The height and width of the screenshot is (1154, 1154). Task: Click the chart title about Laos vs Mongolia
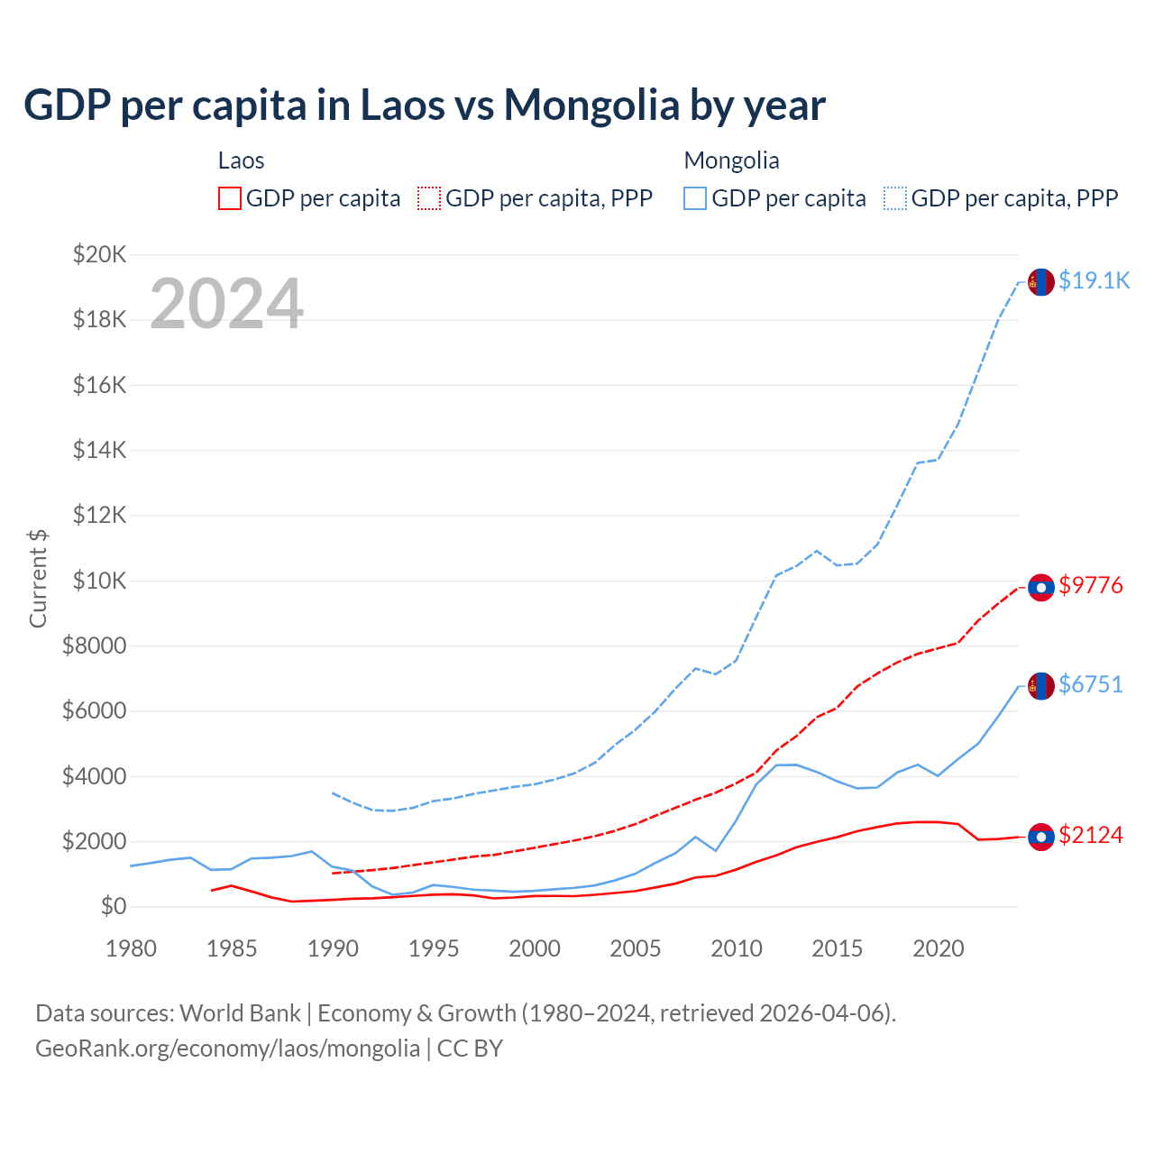point(424,105)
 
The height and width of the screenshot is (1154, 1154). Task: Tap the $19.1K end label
point(1094,280)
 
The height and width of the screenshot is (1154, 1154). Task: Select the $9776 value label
point(1091,585)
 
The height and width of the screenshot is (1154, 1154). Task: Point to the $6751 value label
point(1091,684)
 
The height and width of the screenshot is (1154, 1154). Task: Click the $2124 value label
point(1091,835)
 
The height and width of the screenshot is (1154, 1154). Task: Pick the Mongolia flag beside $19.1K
point(1041,282)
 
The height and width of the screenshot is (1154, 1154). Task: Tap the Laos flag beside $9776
point(1041,587)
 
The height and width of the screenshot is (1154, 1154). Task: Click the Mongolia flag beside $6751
point(1041,686)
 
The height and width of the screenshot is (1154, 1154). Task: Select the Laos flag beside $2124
point(1041,837)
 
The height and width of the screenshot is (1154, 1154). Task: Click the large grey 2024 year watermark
point(226,304)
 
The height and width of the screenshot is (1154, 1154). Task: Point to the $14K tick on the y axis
point(99,450)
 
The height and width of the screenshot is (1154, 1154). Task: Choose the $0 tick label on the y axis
point(114,906)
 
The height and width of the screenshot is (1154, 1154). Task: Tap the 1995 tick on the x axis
point(434,948)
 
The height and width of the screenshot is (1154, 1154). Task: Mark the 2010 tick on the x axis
point(737,948)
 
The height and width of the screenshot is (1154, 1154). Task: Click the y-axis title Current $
point(38,579)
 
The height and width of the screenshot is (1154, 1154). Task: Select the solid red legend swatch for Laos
point(230,198)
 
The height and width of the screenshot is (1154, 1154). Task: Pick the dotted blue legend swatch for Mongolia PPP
point(895,198)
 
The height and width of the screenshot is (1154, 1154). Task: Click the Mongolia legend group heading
point(731,160)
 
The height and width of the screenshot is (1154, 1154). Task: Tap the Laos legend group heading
point(241,160)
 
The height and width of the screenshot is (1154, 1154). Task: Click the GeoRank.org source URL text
point(227,1049)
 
